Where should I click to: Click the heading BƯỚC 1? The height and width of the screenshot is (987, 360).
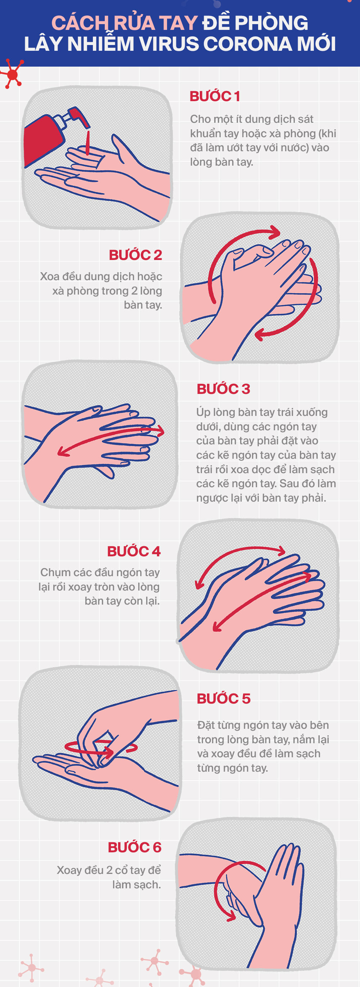tap(215, 96)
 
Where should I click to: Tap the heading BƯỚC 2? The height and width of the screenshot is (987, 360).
tap(136, 255)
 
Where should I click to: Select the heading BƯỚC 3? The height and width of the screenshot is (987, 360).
tap(223, 389)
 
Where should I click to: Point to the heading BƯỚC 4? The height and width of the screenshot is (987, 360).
tap(134, 551)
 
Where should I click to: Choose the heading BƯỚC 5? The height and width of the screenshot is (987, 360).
tap(224, 699)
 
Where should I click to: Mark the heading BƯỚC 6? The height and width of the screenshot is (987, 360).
tap(135, 847)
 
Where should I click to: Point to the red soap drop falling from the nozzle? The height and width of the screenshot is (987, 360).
tap(88, 143)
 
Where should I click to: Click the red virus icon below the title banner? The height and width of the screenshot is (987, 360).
tap(13, 74)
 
